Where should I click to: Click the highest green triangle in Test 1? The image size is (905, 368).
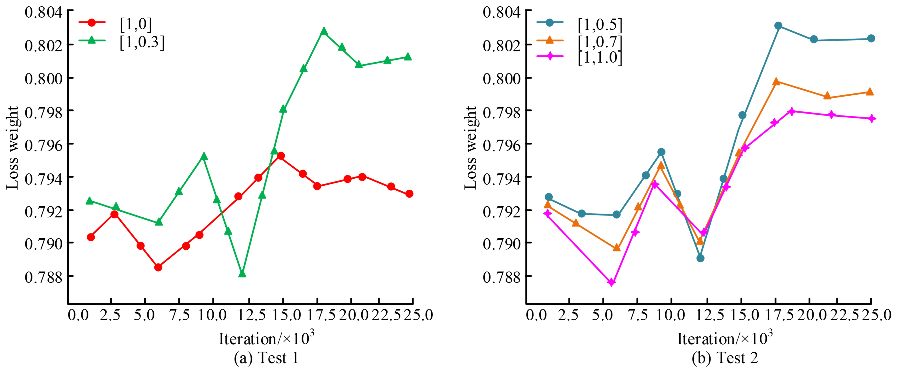click(x=324, y=31)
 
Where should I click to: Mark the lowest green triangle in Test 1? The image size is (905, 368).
click(x=242, y=273)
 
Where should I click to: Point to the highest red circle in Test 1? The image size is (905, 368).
click(x=281, y=156)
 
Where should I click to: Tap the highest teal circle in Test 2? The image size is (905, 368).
click(x=778, y=26)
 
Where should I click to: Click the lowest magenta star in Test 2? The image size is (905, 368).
click(x=612, y=282)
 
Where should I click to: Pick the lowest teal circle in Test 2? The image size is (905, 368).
click(x=700, y=258)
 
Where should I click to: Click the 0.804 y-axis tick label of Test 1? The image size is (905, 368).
click(x=43, y=12)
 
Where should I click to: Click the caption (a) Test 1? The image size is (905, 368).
click(x=266, y=358)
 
